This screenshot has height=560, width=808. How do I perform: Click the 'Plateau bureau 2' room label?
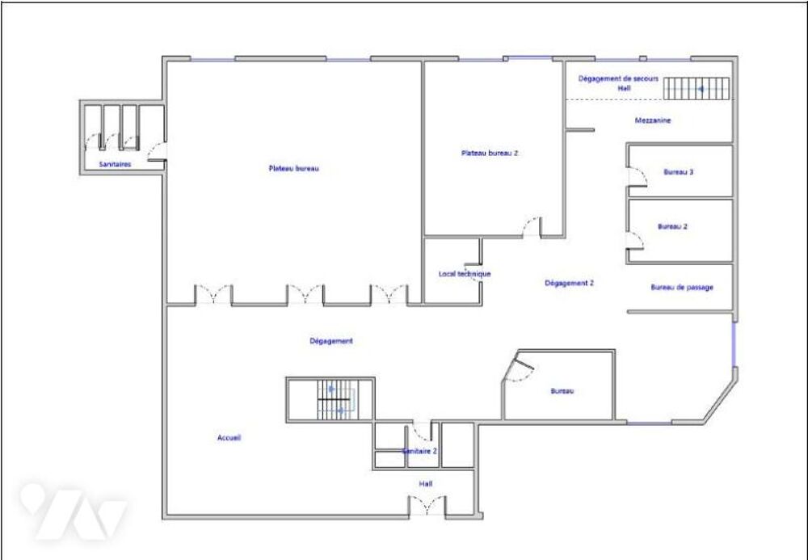tap(489, 153)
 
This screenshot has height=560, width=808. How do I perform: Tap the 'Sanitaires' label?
tap(115, 164)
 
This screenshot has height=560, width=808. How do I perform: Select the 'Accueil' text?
tap(229, 438)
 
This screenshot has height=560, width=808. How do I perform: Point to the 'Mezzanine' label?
tap(653, 120)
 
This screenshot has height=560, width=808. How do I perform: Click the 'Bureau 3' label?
tap(678, 172)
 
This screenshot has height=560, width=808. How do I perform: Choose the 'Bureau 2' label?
tap(672, 226)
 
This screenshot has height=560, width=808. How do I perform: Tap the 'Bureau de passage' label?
tap(682, 288)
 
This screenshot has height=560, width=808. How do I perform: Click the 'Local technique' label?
tap(465, 274)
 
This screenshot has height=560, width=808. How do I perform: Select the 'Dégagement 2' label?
tap(570, 283)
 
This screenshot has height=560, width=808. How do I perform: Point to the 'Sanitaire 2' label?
tap(420, 451)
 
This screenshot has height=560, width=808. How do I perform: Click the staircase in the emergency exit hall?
tap(696, 89)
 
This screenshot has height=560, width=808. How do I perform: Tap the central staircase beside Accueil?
tap(336, 400)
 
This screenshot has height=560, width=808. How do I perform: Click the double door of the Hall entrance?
tap(427, 505)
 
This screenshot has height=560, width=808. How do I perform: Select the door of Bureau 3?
tap(638, 177)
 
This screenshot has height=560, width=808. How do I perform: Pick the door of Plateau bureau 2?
tap(532, 227)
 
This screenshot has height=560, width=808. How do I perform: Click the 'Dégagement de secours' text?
tap(618, 79)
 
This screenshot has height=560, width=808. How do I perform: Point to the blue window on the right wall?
tap(734, 345)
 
